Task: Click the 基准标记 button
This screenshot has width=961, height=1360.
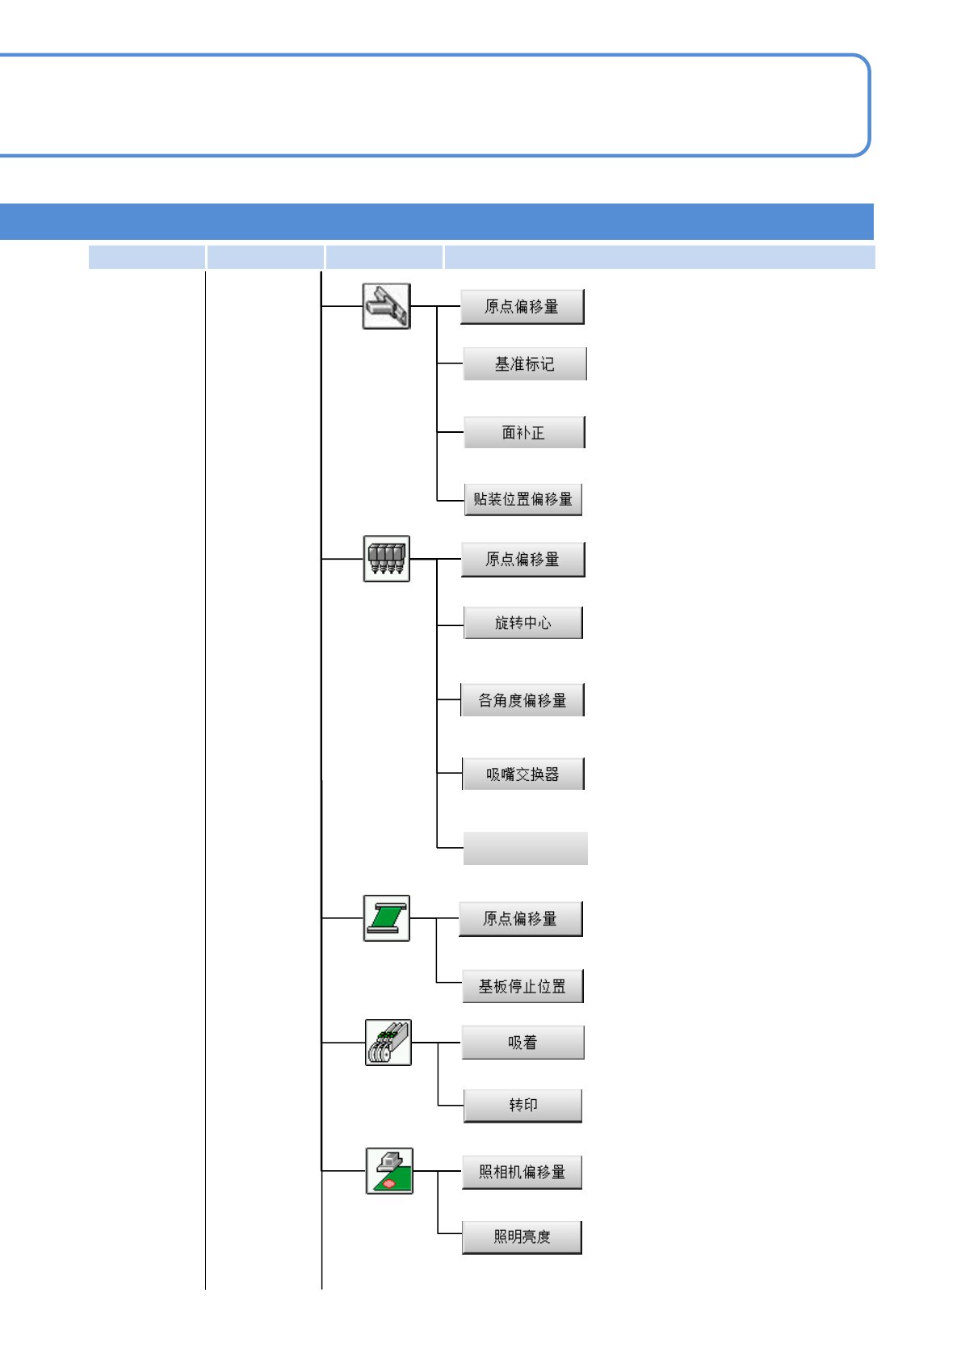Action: (x=524, y=364)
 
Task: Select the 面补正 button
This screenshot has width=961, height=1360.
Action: (x=523, y=432)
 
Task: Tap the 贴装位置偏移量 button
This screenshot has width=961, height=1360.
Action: (x=522, y=499)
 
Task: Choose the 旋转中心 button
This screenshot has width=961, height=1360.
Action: (x=522, y=623)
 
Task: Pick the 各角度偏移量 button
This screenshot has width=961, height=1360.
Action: (x=522, y=700)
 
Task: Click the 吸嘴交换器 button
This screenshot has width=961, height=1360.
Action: (x=522, y=774)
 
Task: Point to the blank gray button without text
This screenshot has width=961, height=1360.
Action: (x=525, y=848)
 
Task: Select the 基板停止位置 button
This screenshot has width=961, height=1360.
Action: (x=522, y=986)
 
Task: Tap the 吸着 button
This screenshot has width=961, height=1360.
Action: (x=522, y=1043)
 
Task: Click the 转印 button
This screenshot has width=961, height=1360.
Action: (x=522, y=1105)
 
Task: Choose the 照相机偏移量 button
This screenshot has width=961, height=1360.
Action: (x=522, y=1172)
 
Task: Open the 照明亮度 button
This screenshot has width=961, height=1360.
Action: (x=522, y=1236)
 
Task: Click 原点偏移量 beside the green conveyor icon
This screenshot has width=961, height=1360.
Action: (x=520, y=919)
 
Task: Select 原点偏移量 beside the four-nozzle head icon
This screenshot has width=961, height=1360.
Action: (x=522, y=559)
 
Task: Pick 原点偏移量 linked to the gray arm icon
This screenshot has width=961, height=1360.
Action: (x=522, y=307)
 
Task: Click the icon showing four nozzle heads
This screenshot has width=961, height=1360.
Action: (x=387, y=559)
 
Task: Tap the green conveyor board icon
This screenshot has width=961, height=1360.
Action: (x=387, y=918)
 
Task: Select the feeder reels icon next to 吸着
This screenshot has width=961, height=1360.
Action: (x=388, y=1043)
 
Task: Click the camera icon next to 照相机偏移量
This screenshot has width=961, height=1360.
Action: (x=389, y=1171)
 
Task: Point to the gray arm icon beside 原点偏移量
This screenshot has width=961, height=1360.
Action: (x=387, y=306)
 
